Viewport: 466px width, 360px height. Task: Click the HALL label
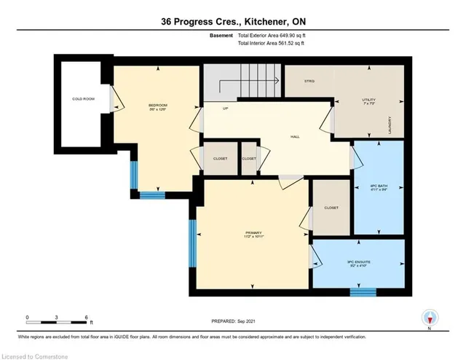(295, 136)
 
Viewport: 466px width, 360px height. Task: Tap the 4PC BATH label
(377, 187)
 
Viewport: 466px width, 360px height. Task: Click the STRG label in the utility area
(309, 81)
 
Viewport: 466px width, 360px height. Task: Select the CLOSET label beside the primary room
(331, 206)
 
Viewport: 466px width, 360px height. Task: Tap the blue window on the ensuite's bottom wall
(362, 293)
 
